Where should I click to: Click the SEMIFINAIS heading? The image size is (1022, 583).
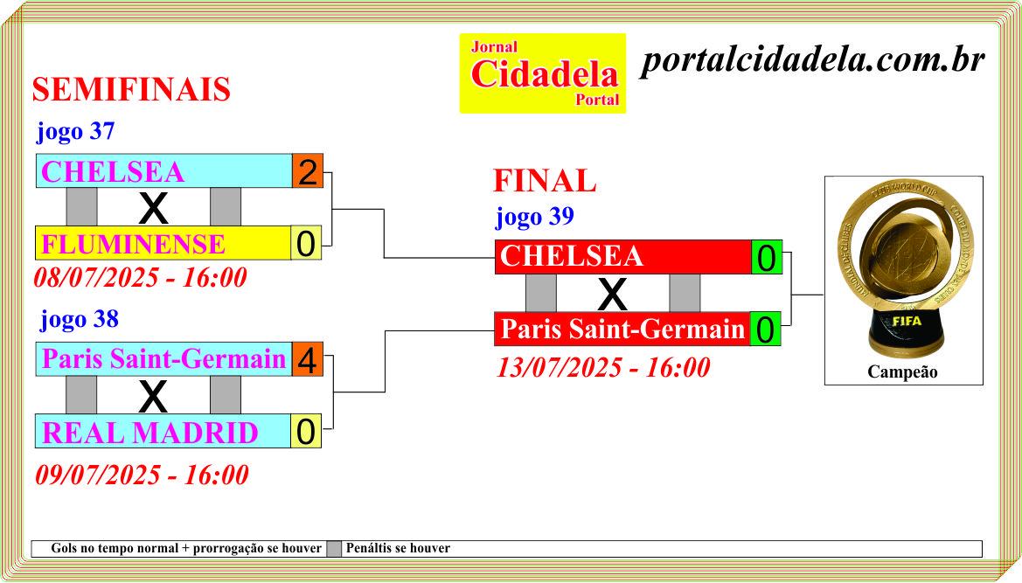(131, 89)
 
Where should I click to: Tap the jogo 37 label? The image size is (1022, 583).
(75, 131)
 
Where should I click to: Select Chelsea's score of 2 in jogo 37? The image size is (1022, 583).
(308, 171)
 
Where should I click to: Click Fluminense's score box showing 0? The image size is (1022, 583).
(306, 244)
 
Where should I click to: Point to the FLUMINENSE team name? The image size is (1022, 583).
(133, 244)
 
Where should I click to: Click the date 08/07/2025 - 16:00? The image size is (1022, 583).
(140, 277)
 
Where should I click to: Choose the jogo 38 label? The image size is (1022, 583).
(80, 318)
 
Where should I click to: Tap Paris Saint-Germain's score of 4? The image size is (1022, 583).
(308, 359)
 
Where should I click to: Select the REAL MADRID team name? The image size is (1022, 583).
(149, 434)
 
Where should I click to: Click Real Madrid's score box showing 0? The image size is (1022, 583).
(306, 431)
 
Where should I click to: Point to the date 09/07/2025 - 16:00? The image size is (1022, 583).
(143, 475)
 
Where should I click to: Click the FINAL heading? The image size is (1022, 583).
(545, 180)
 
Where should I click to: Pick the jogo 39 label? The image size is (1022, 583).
(534, 216)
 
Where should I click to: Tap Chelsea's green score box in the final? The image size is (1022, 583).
(767, 257)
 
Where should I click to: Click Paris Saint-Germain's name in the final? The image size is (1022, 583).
(622, 329)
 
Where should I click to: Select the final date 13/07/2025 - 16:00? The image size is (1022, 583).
(603, 367)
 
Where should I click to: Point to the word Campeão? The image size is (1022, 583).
(903, 372)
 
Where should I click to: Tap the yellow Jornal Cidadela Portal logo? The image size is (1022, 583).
(543, 73)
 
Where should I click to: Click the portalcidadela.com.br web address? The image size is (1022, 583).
(812, 60)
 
